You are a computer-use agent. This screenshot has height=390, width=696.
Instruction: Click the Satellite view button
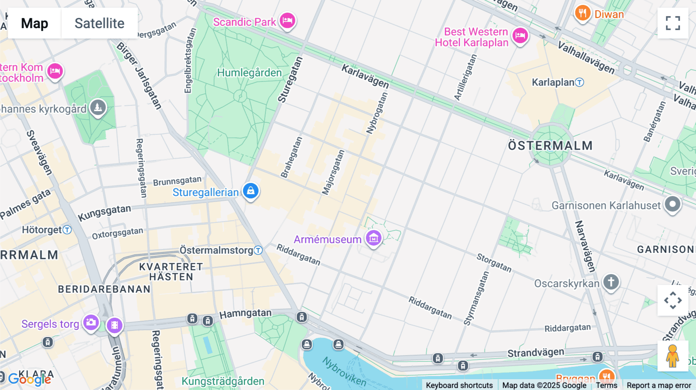pos(99,23)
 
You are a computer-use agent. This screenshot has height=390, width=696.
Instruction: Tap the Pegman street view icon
pos(672,356)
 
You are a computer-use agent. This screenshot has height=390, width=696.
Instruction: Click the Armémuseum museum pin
pos(374,238)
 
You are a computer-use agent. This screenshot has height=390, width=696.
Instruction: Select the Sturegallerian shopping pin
pos(251,191)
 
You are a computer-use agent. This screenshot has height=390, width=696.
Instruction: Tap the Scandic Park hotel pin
pos(287,20)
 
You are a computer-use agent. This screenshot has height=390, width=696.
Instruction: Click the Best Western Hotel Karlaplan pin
pos(520,36)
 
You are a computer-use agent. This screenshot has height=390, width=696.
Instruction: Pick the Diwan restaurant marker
pos(582,14)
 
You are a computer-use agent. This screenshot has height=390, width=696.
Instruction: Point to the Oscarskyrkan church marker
pos(611,282)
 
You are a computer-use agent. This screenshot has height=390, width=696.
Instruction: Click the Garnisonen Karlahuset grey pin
pos(672,204)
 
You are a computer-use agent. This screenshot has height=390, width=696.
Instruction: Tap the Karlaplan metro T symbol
pos(579,82)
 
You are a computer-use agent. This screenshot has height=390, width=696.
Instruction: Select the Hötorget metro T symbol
pos(67,230)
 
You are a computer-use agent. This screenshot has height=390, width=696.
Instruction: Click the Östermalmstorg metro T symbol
pos(258,250)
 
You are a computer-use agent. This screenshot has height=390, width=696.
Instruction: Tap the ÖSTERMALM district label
pos(550,146)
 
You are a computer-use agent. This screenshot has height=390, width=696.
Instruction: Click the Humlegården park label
pos(249,73)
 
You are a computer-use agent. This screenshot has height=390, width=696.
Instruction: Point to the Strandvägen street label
pos(536,353)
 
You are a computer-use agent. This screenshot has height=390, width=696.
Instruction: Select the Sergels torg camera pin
pos(91,322)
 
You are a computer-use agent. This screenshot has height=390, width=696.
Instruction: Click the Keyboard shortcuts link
pos(459,385)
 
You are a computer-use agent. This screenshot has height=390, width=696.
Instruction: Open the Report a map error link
pos(658,385)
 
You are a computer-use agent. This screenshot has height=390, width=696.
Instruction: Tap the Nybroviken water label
pos(344,371)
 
